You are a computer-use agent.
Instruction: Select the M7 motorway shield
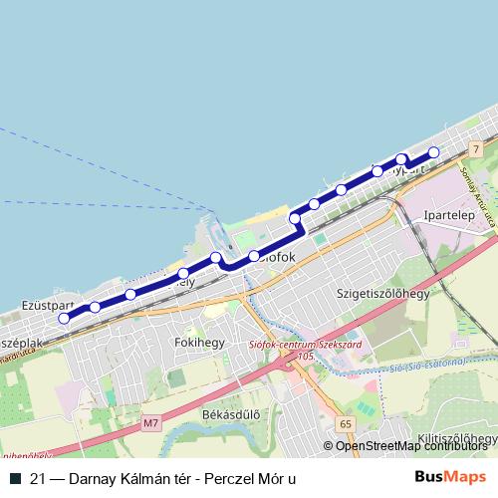150,424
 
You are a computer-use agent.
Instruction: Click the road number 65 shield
345,424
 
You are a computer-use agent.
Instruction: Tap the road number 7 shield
477,148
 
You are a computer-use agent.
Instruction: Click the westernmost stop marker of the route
64,319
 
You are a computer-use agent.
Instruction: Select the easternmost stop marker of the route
433,152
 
